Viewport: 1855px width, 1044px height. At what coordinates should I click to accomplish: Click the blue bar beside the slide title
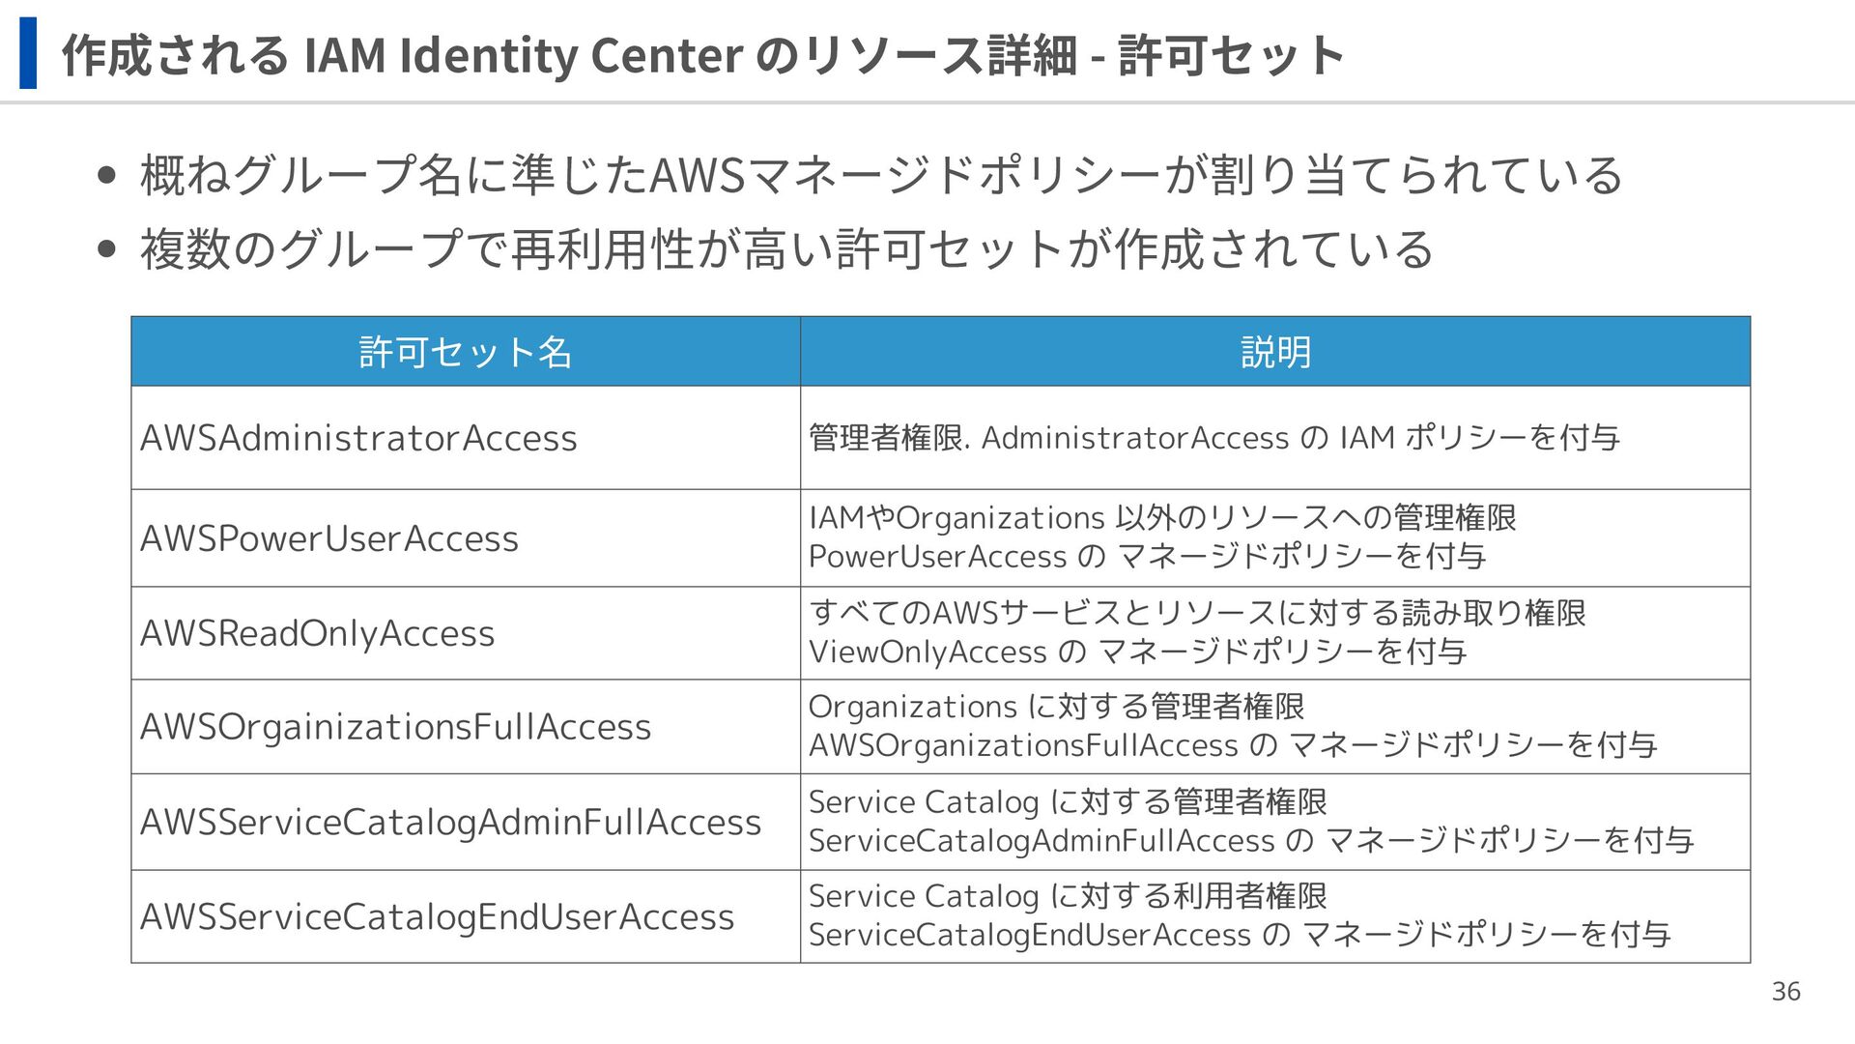28,53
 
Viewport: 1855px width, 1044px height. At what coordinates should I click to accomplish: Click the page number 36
1785,992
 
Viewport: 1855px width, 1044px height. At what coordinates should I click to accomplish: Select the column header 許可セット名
465,352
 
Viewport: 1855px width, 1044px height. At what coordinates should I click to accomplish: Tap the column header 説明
1275,352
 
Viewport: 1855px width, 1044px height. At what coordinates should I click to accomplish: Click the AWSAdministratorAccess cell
358,438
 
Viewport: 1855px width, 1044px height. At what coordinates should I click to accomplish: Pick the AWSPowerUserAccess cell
329,538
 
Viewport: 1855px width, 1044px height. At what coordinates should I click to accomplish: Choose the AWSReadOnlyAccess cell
317,633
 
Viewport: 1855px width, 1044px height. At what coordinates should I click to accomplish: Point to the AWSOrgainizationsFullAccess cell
395,727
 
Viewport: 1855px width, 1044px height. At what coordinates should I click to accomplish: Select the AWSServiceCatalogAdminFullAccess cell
450,822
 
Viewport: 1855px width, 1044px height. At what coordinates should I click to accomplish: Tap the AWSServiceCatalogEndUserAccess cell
437,916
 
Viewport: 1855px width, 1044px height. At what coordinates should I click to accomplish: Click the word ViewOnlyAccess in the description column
927,652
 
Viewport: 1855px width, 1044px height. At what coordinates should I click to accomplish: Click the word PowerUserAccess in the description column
937,557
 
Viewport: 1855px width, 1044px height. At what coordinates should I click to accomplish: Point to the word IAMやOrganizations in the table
956,518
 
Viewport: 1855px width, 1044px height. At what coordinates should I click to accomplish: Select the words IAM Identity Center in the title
523,55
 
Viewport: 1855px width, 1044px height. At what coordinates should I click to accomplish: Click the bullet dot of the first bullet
107,176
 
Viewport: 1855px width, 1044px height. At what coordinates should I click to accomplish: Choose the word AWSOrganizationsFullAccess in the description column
1023,745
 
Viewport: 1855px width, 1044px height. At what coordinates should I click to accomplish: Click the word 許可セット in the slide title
1231,55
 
